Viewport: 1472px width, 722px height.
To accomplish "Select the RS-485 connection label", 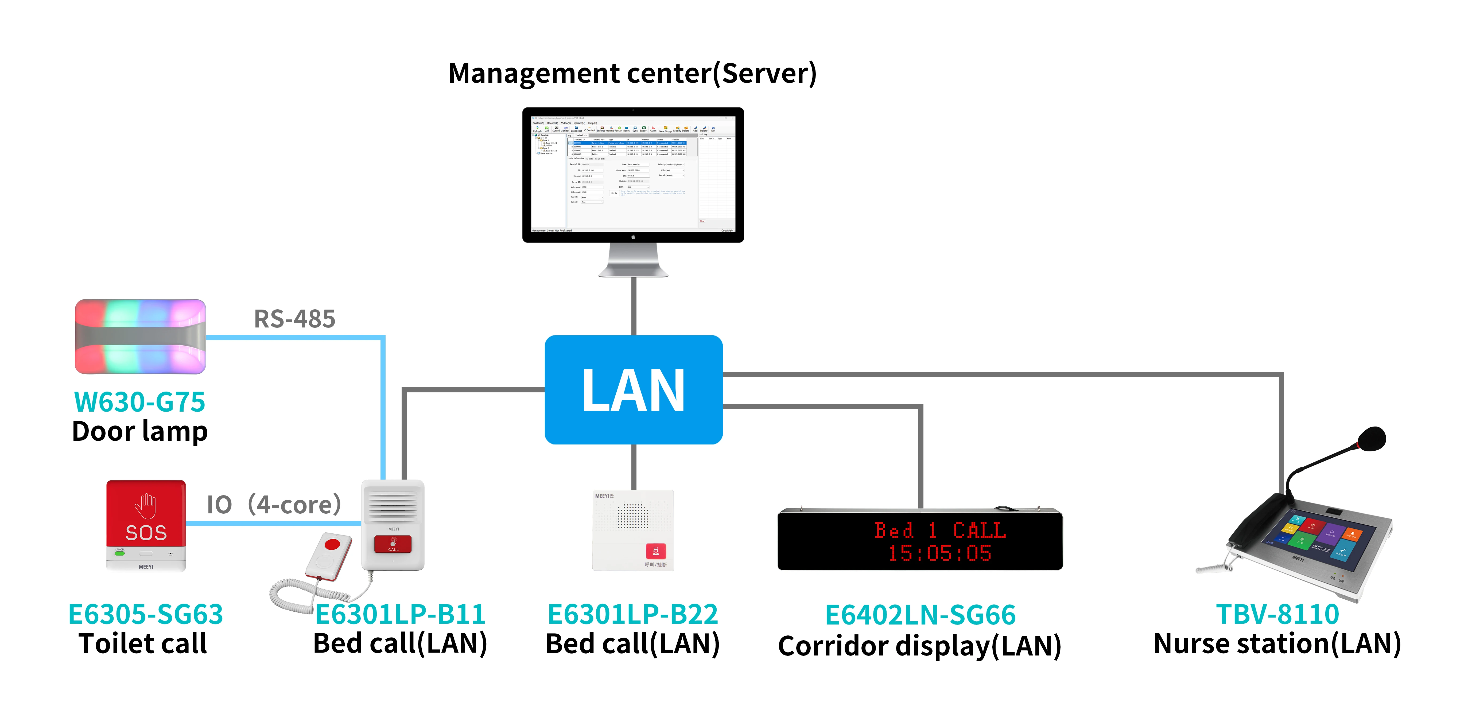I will coord(294,319).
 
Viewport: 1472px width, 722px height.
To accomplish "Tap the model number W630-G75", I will coord(139,402).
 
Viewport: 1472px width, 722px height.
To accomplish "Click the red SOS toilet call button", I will coord(146,514).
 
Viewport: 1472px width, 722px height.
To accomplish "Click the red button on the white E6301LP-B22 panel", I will coord(655,551).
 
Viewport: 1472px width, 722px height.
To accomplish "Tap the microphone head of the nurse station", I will coord(1372,439).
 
